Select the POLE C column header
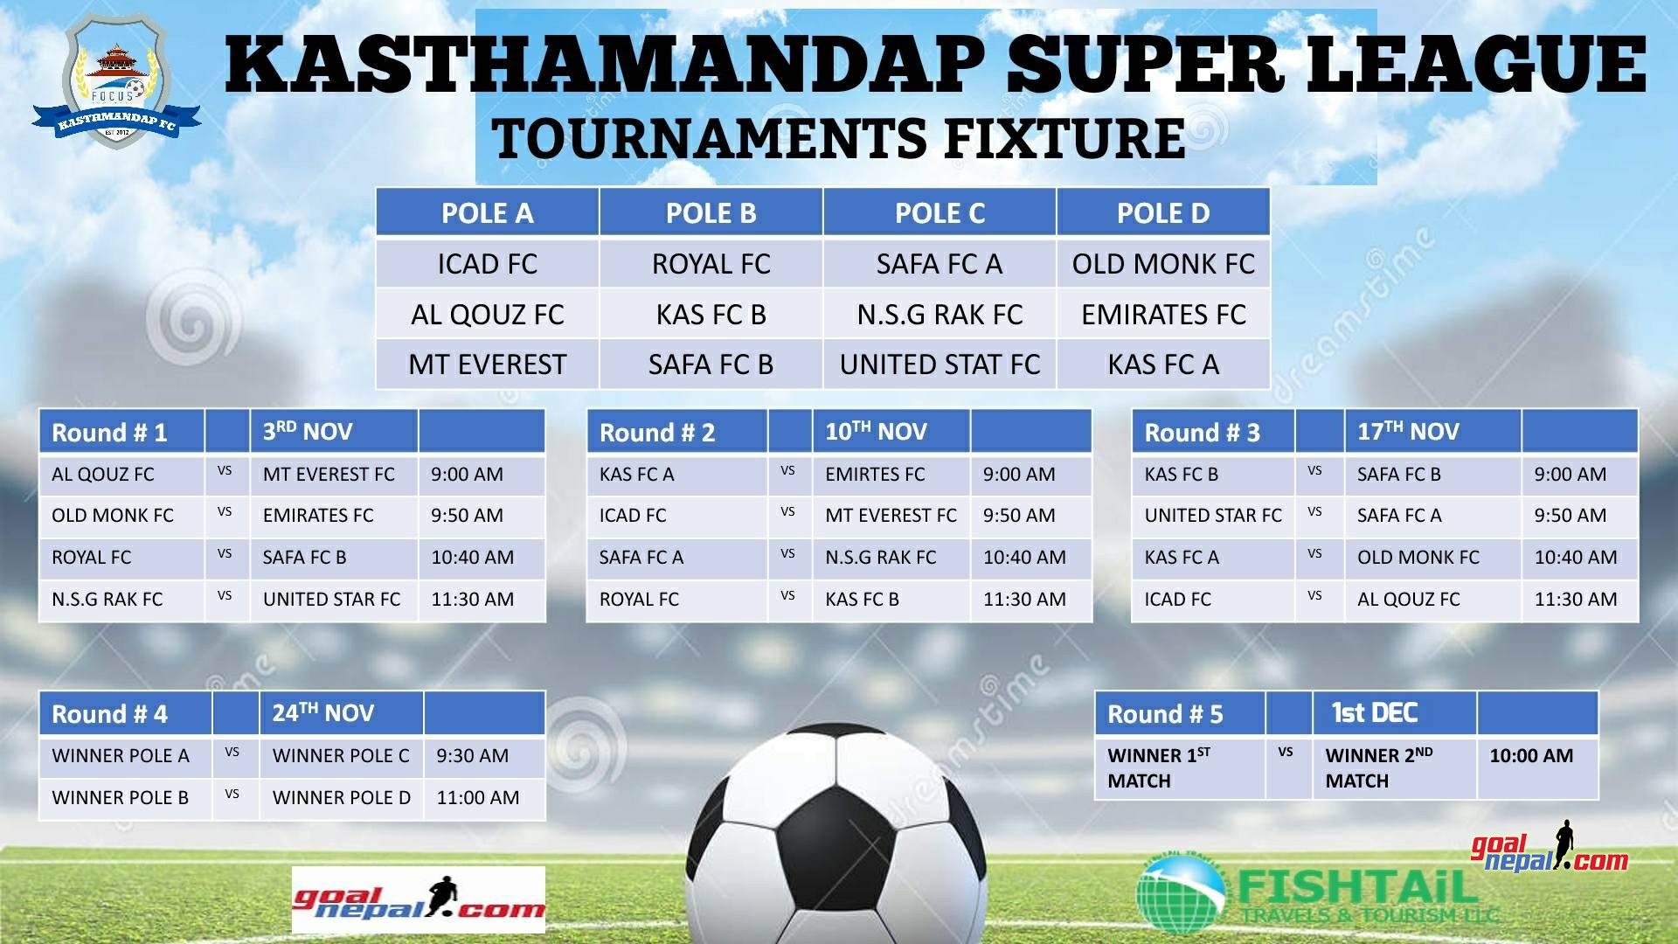tap(940, 212)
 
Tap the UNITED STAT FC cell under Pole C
tap(940, 364)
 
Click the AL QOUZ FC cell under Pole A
tap(488, 314)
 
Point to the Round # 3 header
tap(1202, 432)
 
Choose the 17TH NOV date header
tap(1408, 431)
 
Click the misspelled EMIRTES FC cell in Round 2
tap(875, 474)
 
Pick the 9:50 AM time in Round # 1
tap(467, 516)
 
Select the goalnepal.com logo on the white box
tap(419, 900)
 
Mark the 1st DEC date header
tap(1374, 713)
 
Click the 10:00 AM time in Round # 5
tap(1531, 755)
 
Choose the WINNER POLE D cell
tap(341, 797)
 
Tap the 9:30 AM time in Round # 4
tap(472, 755)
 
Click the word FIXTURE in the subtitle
tap(1065, 138)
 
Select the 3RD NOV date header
tap(308, 431)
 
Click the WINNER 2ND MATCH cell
tap(1379, 767)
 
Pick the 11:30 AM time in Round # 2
tap(1024, 599)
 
